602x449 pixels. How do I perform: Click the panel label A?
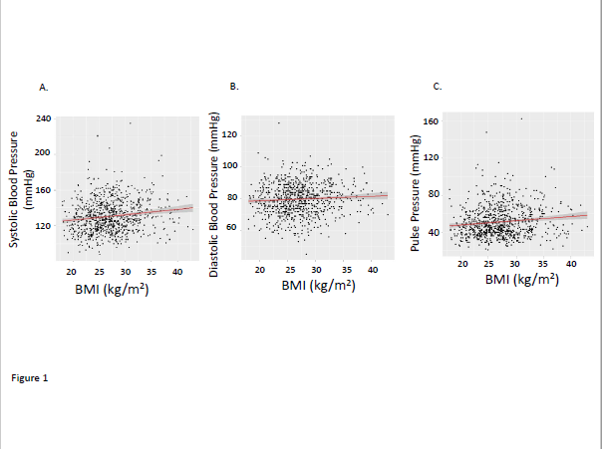[x=43, y=89]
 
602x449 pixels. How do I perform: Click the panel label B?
[x=234, y=88]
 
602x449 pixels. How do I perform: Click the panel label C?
[x=437, y=88]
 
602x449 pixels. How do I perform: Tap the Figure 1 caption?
[x=30, y=378]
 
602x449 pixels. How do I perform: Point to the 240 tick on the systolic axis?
[x=44, y=118]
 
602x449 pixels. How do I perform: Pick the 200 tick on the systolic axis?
[x=44, y=152]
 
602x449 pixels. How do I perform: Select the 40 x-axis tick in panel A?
[x=177, y=271]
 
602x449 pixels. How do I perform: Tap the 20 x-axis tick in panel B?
[x=259, y=271]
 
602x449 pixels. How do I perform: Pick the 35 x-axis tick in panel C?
[x=542, y=263]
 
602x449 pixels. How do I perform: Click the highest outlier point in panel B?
[x=279, y=122]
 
